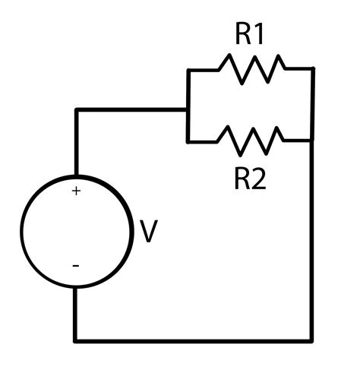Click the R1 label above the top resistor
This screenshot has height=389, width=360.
[x=250, y=34]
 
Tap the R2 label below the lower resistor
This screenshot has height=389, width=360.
[x=250, y=179]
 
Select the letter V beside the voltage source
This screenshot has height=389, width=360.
[x=149, y=231]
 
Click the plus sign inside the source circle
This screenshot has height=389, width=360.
[x=76, y=191]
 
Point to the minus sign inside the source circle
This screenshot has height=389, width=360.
[x=76, y=266]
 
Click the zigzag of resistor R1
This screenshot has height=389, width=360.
[x=252, y=69]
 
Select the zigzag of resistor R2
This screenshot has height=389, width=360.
[x=250, y=141]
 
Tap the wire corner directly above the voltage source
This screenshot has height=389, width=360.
[x=77, y=109]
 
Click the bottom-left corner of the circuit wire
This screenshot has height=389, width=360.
[x=75, y=341]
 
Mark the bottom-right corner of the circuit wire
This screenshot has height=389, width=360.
[x=311, y=341]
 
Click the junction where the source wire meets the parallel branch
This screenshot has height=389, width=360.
[x=188, y=109]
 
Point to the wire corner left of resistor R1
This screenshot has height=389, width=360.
[x=188, y=70]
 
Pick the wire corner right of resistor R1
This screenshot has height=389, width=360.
[x=313, y=68]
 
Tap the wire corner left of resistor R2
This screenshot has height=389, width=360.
[x=188, y=142]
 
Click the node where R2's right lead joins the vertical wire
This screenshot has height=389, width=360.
[x=312, y=141]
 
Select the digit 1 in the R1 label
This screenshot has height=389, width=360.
[x=259, y=34]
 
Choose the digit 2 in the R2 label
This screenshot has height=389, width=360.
[x=258, y=179]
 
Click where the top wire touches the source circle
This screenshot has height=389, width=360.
[x=77, y=176]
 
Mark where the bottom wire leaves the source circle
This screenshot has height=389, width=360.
[x=75, y=288]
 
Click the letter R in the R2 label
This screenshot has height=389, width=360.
[x=242, y=179]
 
